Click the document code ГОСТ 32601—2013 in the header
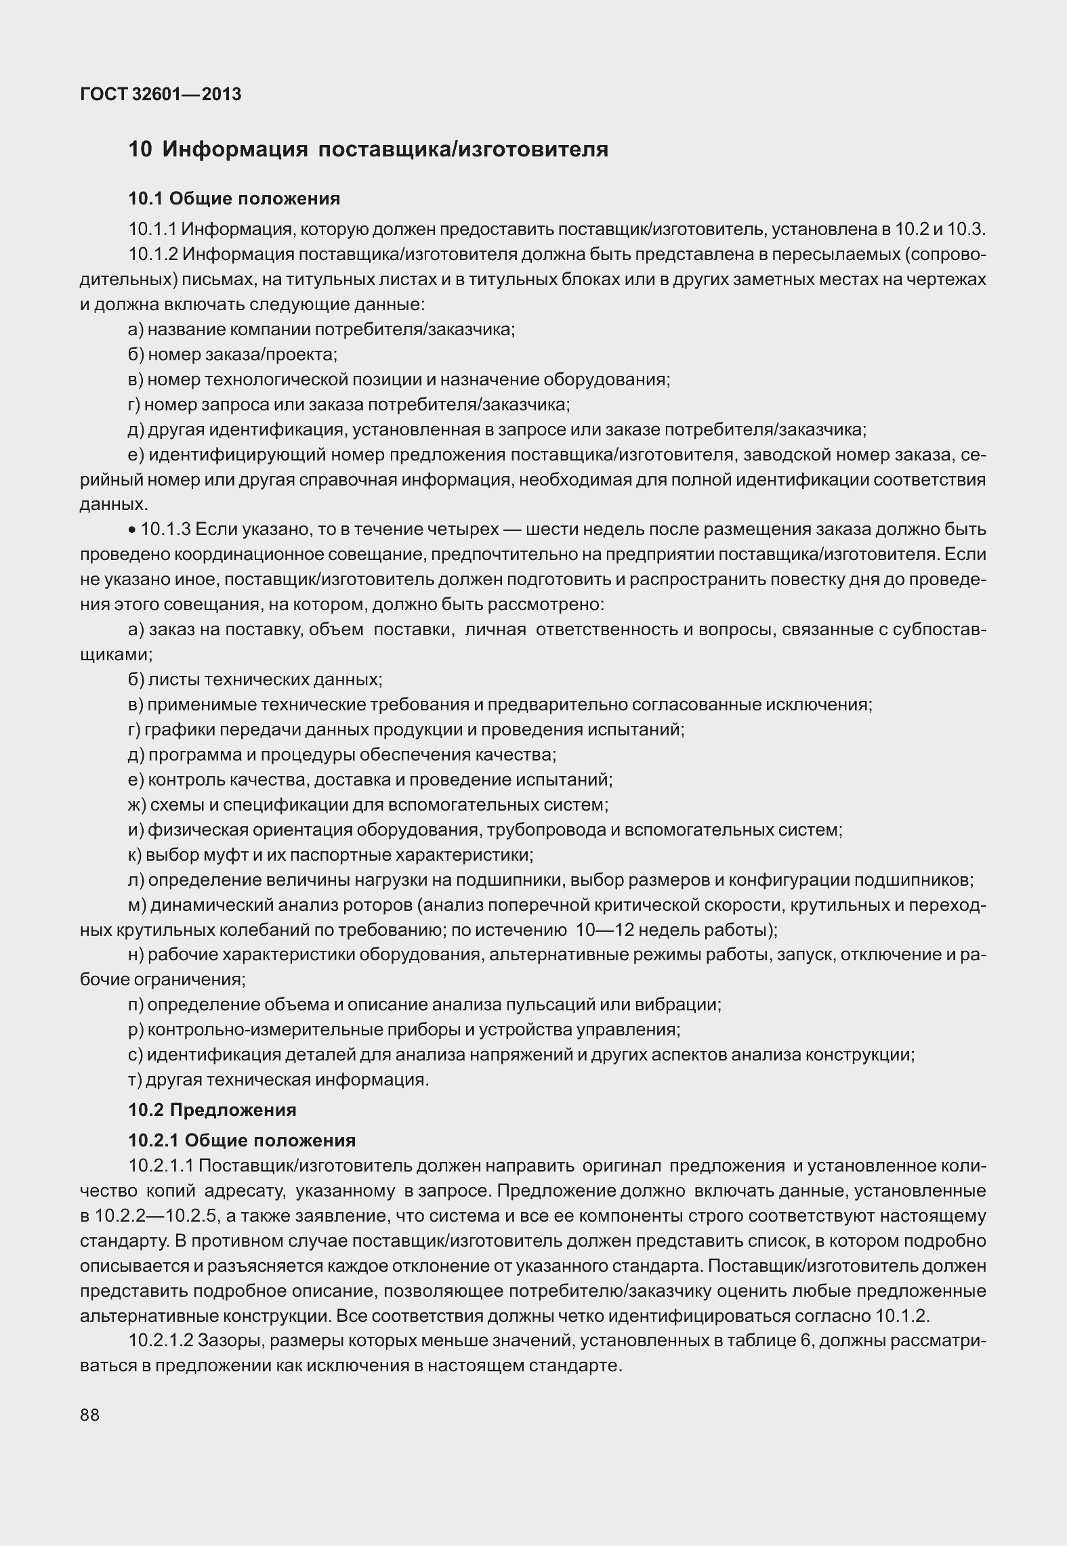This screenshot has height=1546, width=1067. (161, 94)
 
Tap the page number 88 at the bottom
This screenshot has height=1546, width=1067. (89, 1415)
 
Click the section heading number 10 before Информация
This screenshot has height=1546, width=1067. (140, 149)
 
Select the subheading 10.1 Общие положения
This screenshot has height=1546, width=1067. (234, 198)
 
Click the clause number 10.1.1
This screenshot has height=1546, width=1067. (152, 229)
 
